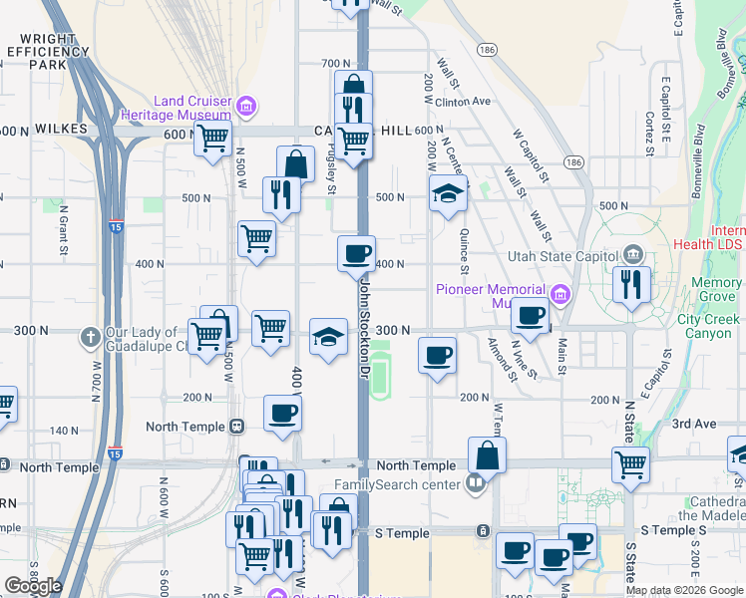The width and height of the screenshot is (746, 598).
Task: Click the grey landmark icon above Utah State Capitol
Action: pos(630,256)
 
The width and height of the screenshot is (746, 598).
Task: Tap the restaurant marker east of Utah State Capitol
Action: pos(631,283)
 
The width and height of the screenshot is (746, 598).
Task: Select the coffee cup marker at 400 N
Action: pos(356,253)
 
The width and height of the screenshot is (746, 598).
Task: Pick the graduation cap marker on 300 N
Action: pos(328,335)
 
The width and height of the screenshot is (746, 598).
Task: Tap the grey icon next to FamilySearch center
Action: pos(476,485)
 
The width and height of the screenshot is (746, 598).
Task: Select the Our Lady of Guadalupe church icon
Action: pos(90,336)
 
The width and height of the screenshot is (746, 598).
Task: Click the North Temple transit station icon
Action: pos(236,427)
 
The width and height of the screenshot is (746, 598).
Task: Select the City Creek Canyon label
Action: pos(708,326)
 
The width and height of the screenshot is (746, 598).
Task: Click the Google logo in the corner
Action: pos(34,586)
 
